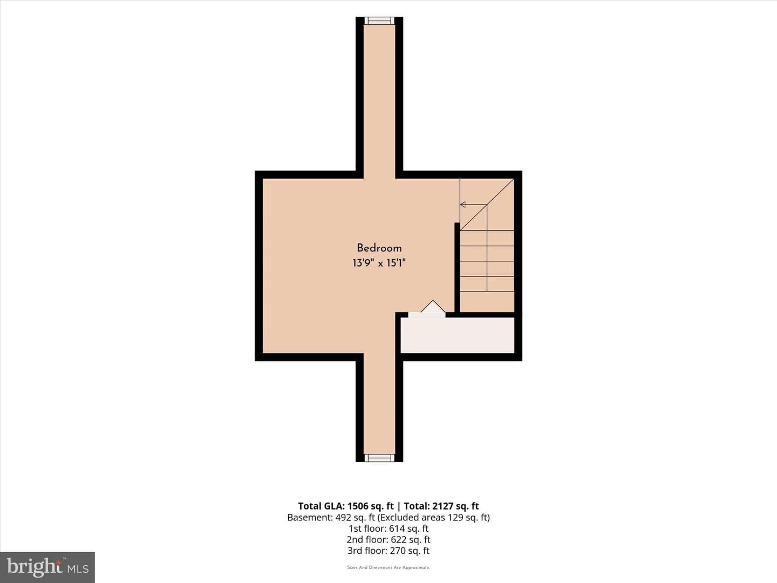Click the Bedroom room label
click(379, 248)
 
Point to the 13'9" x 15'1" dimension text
click(379, 263)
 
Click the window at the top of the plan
click(379, 21)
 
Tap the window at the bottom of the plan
click(379, 458)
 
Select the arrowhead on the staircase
click(462, 204)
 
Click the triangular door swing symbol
click(433, 307)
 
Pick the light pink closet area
click(458, 335)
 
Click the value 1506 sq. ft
click(370, 506)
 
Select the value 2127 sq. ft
click(455, 506)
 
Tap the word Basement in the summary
click(310, 518)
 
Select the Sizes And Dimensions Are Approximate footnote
click(388, 567)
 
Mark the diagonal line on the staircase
click(487, 205)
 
